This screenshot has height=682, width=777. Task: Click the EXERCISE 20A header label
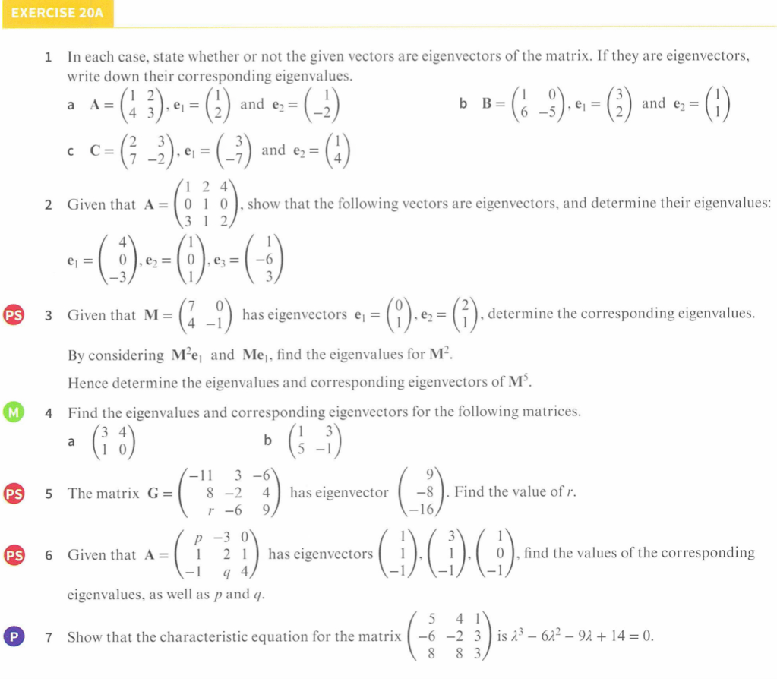pyautogui.click(x=57, y=13)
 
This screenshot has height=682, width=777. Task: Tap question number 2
pyautogui.click(x=49, y=204)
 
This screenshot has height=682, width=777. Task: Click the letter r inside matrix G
pyautogui.click(x=200, y=510)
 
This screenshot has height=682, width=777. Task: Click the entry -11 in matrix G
pyautogui.click(x=200, y=477)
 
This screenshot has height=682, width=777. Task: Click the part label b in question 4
pyautogui.click(x=267, y=440)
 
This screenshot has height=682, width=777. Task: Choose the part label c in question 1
pyautogui.click(x=71, y=151)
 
